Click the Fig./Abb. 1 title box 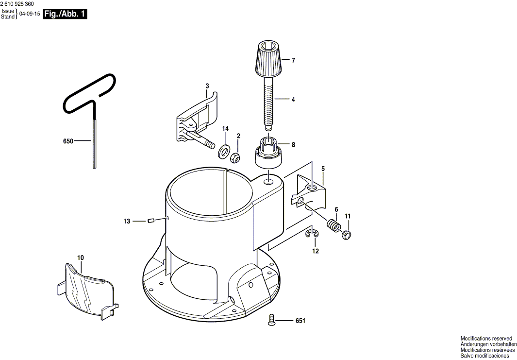pos(65,14)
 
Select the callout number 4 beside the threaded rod pos(293,100)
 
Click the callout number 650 pos(68,141)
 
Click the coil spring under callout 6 pos(334,226)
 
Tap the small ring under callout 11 pos(346,235)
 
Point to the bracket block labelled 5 pos(309,194)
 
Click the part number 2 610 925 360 pos(17,4)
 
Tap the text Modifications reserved pos(486,339)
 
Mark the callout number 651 pos(300,321)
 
